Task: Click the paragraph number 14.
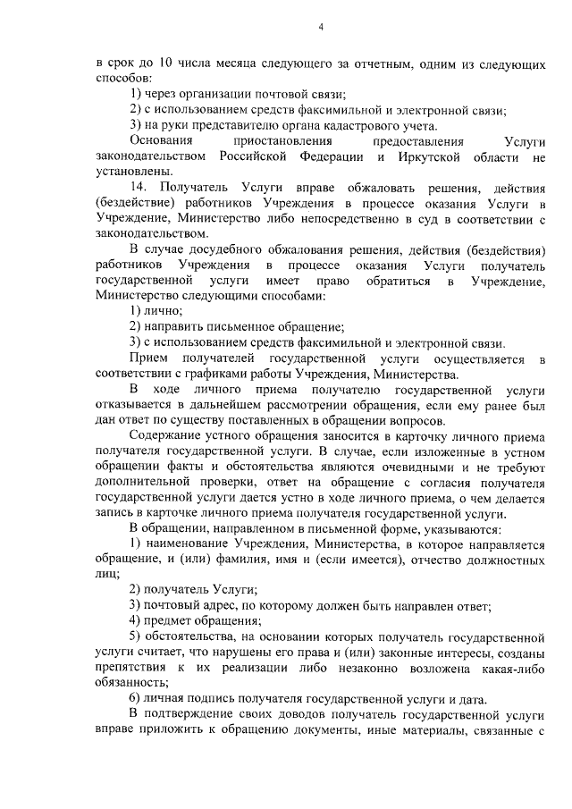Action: point(138,187)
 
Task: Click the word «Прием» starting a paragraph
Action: point(147,358)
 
